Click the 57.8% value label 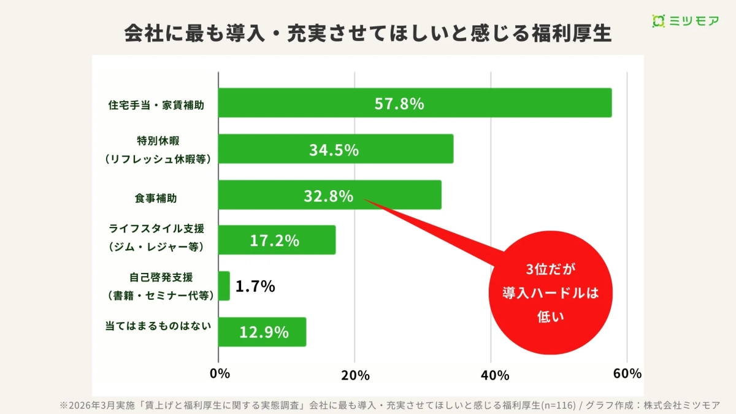click(399, 104)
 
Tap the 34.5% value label click(334, 150)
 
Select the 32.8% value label click(328, 196)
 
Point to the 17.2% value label click(274, 240)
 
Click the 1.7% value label click(255, 286)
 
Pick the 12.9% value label click(264, 332)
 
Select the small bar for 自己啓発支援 click(224, 286)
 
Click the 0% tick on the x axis click(220, 374)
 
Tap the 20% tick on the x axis click(355, 374)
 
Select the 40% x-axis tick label click(491, 374)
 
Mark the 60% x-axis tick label click(627, 374)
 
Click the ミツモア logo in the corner click(686, 21)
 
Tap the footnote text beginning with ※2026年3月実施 click(389, 405)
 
